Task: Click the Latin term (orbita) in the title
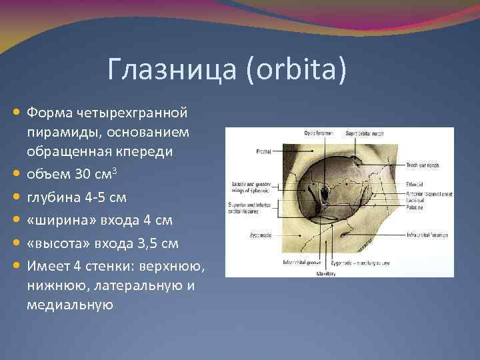[295, 70]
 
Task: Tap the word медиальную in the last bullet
[70, 305]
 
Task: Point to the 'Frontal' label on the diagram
[263, 151]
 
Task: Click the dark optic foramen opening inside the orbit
[325, 195]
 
